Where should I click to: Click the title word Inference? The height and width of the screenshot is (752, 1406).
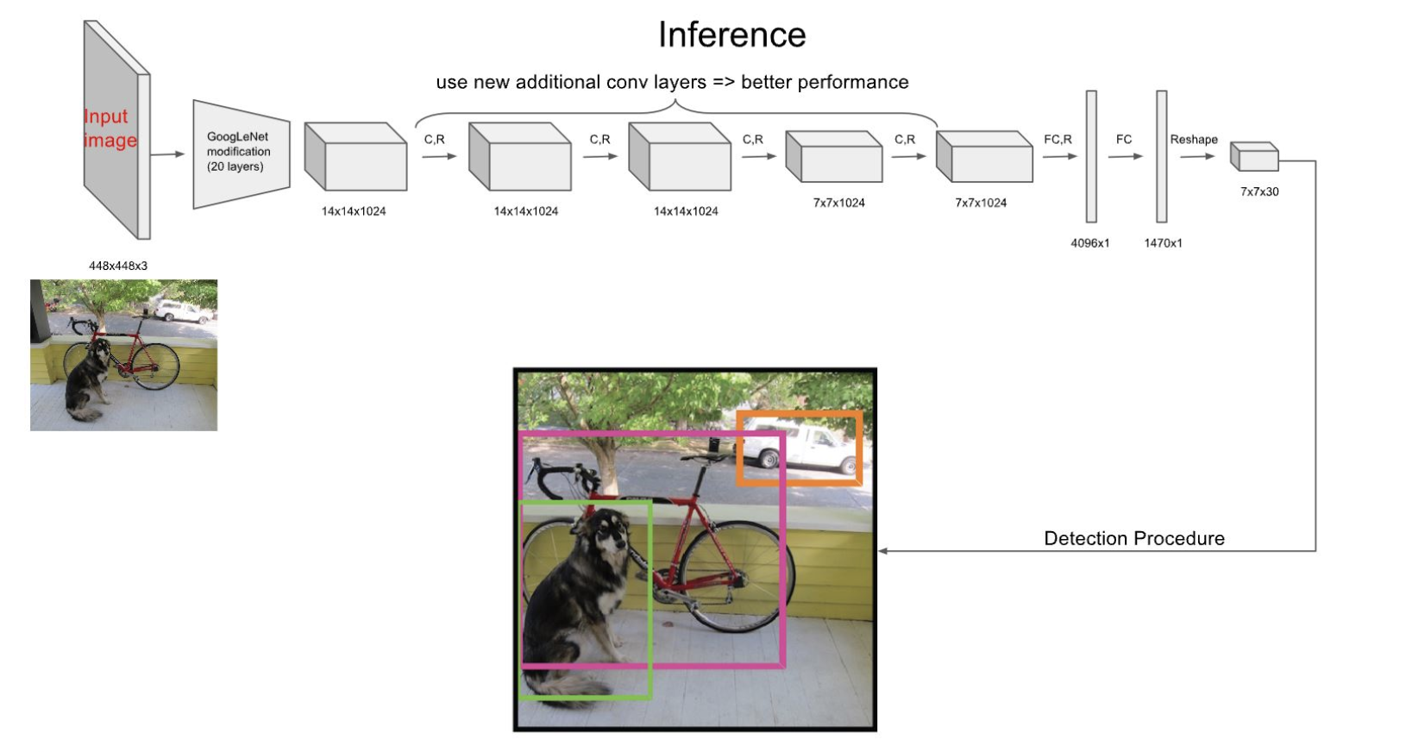(x=731, y=35)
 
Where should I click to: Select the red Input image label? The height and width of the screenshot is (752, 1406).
(x=110, y=128)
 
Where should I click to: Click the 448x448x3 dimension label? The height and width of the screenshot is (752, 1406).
(x=118, y=266)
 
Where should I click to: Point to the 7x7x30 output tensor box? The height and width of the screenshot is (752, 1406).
(x=1255, y=157)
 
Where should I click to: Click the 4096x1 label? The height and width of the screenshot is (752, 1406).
(x=1089, y=243)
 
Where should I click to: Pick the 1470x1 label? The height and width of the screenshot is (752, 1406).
(x=1163, y=243)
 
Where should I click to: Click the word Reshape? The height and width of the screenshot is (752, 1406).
(x=1194, y=140)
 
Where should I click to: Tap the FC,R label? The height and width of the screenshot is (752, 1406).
(x=1058, y=140)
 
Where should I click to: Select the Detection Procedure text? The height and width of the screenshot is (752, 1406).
(x=1133, y=539)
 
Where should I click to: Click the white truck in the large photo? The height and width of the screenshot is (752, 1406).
(x=798, y=447)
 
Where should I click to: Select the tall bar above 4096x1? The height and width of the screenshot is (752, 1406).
(x=1091, y=156)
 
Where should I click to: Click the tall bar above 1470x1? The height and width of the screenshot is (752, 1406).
(x=1162, y=156)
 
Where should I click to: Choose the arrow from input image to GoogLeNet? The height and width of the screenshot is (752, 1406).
(x=167, y=154)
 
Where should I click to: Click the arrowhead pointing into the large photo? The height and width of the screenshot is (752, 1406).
(x=883, y=551)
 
